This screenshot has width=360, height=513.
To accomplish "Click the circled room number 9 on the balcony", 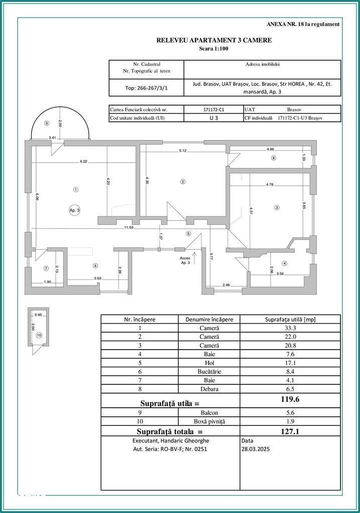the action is pyautogui.click(x=46, y=123).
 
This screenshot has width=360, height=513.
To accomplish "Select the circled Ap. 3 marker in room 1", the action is pyautogui.click(x=74, y=210).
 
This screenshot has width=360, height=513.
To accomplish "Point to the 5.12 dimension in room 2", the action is pyautogui.click(x=183, y=150).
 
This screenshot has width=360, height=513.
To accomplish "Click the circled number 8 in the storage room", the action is pyautogui.click(x=274, y=158).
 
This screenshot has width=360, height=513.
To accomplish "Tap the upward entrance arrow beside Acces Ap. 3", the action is pyautogui.click(x=194, y=258).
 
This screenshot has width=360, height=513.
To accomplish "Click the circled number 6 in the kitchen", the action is pyautogui.click(x=95, y=266).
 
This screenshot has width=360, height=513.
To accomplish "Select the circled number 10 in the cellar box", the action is pyautogui.click(x=39, y=335).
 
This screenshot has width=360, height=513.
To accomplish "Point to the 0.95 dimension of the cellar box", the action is pyautogui.click(x=38, y=315).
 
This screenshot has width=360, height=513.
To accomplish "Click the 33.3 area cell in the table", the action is pyautogui.click(x=290, y=328).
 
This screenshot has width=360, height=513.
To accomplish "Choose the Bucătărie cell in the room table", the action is pyautogui.click(x=209, y=371).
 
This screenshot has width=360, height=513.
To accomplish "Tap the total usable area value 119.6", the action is pyautogui.click(x=290, y=399).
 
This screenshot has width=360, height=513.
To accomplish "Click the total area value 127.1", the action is pyautogui.click(x=290, y=431).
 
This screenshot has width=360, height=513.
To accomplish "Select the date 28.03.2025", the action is pyautogui.click(x=256, y=449).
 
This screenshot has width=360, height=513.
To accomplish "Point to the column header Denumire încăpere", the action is pyautogui.click(x=209, y=319).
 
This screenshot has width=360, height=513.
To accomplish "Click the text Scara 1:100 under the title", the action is pyautogui.click(x=214, y=49).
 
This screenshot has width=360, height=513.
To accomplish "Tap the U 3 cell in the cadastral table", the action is pyautogui.click(x=214, y=118).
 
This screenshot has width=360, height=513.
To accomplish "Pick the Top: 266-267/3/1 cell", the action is pyautogui.click(x=146, y=88).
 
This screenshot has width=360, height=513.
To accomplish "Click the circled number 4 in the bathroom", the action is pyautogui.click(x=284, y=264).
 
